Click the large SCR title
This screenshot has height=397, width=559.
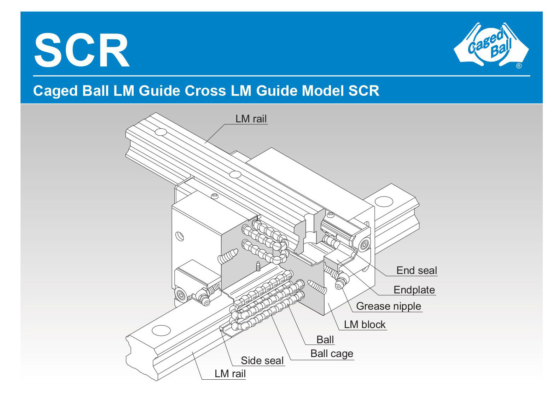coord(82,50)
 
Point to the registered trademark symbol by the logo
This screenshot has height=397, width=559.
coord(519,66)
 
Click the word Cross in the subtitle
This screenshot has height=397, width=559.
coord(205,91)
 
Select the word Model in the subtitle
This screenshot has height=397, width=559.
coord(322,91)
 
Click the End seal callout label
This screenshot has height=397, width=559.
coord(417,270)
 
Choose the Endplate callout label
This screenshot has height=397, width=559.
coord(414,290)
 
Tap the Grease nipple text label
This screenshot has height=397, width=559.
coord(388,306)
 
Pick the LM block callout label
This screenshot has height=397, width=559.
coord(365,325)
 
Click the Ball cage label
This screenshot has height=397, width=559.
coord(332,354)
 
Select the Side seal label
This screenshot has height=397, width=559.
coord(262,361)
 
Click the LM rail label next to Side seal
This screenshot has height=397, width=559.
coord(230,374)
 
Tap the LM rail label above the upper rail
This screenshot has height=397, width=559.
coord(251,119)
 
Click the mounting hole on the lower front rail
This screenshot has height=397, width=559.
coord(161,330)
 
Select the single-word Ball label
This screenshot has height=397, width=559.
coord(325,340)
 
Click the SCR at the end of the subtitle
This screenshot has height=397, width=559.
coord(364,91)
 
